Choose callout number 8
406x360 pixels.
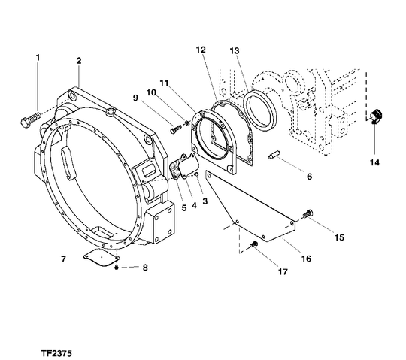[145, 267]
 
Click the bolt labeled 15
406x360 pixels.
[307, 216]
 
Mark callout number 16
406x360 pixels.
[306, 258]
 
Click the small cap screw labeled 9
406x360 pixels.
[175, 131]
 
